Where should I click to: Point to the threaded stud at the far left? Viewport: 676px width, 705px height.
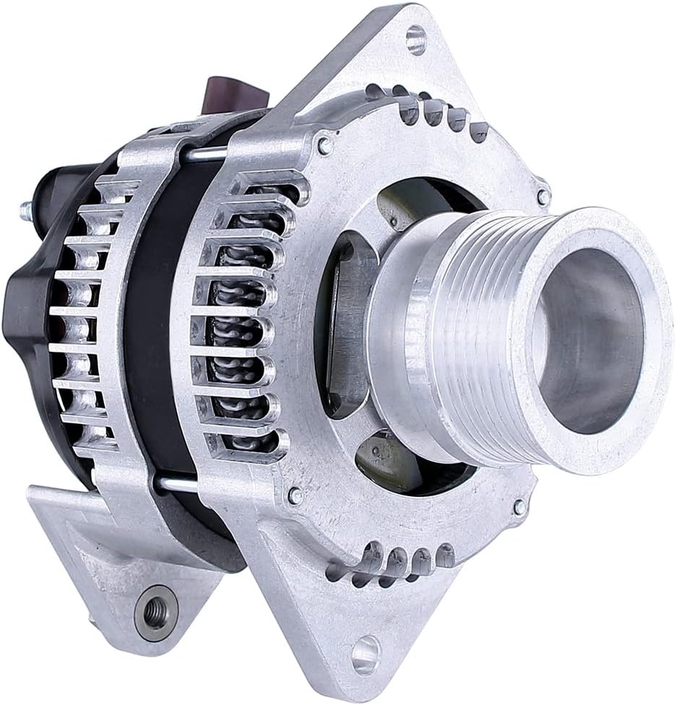26,210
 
